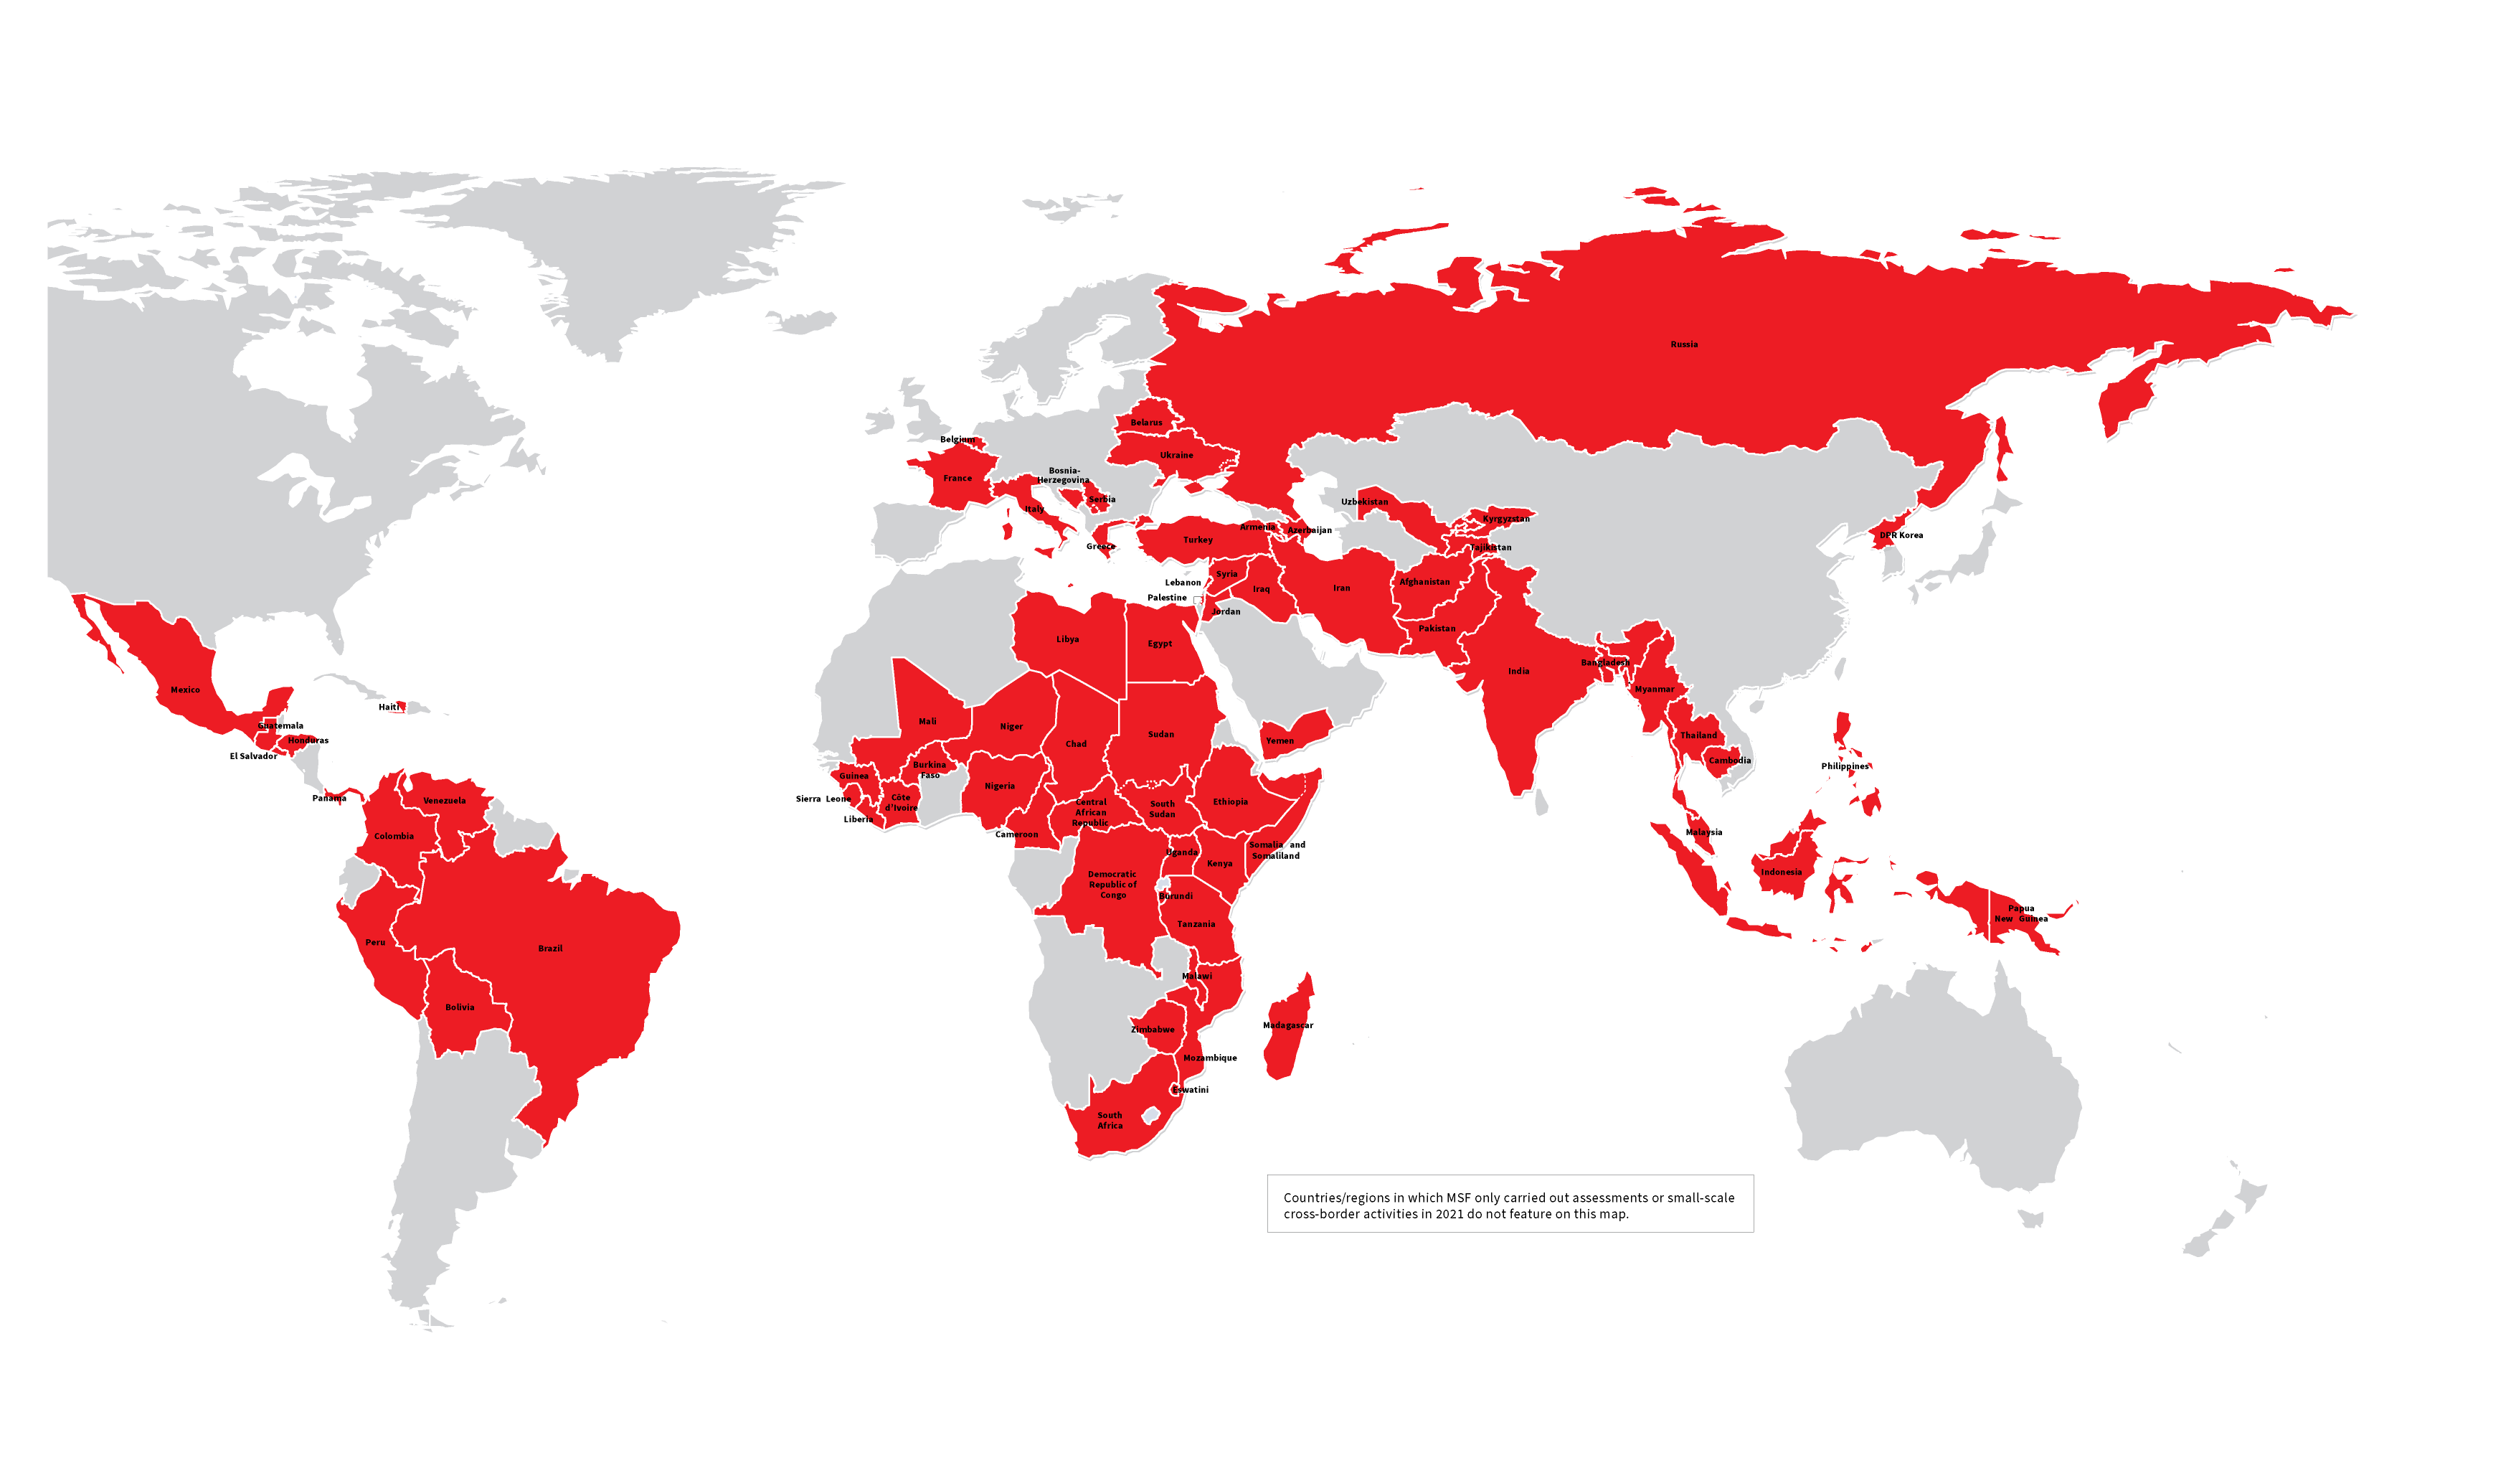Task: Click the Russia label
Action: point(1683,344)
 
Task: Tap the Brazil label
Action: point(550,949)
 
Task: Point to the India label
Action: point(1518,671)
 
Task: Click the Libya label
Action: point(1067,639)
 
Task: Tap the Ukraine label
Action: point(1176,456)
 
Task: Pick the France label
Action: point(957,479)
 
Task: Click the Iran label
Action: point(1341,588)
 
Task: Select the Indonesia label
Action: point(1780,872)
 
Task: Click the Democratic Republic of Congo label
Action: point(1112,885)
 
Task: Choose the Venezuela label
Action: point(444,801)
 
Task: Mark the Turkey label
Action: point(1198,540)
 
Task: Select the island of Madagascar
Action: point(1290,1029)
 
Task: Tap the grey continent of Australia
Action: point(1927,1088)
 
